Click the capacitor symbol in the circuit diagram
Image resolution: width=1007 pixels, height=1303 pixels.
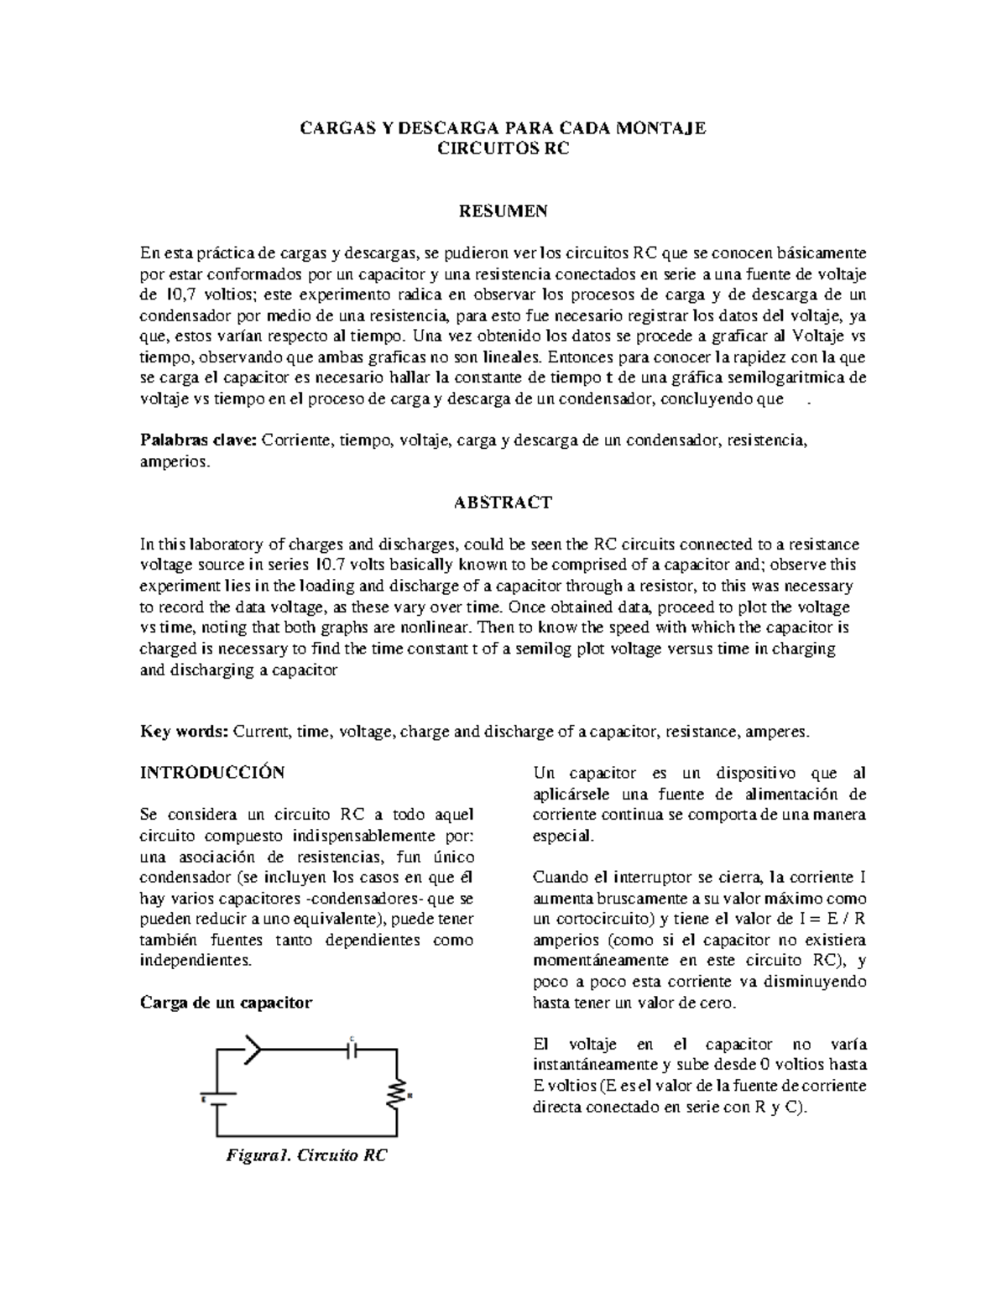(352, 1049)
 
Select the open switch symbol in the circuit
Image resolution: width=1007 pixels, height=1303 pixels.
(253, 1049)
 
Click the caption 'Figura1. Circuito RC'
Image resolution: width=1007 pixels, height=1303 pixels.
(306, 1155)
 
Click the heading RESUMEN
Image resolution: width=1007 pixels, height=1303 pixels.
(503, 211)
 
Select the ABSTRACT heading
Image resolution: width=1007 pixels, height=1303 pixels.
(503, 503)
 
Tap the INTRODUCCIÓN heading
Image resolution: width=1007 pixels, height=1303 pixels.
(212, 772)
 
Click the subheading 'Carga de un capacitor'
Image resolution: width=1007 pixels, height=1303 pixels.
(226, 1003)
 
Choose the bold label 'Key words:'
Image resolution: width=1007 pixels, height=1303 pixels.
(184, 732)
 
